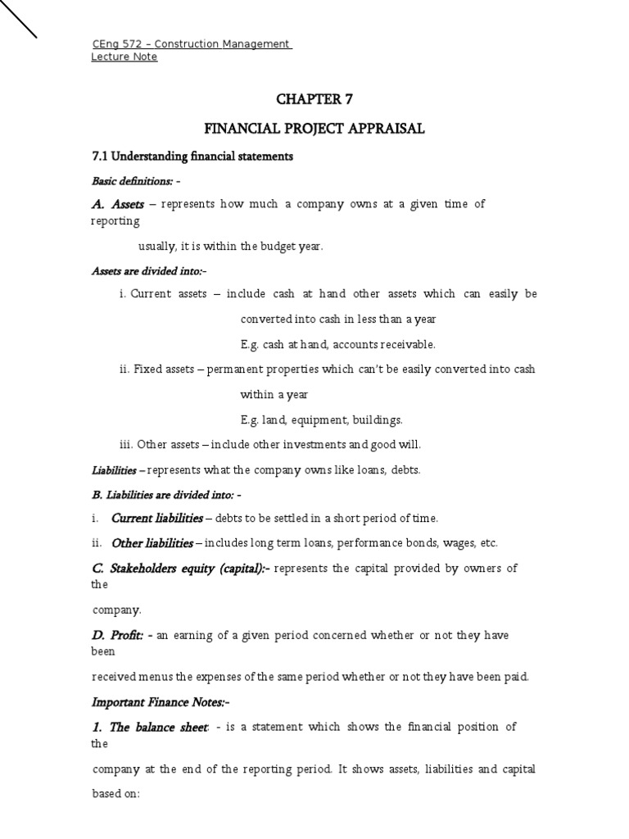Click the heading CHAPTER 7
[314, 99]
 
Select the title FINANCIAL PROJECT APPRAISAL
[314, 129]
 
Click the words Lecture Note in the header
[124, 57]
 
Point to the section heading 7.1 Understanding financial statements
[191, 156]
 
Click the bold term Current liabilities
[156, 518]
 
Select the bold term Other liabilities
[152, 542]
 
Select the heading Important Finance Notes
[155, 702]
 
